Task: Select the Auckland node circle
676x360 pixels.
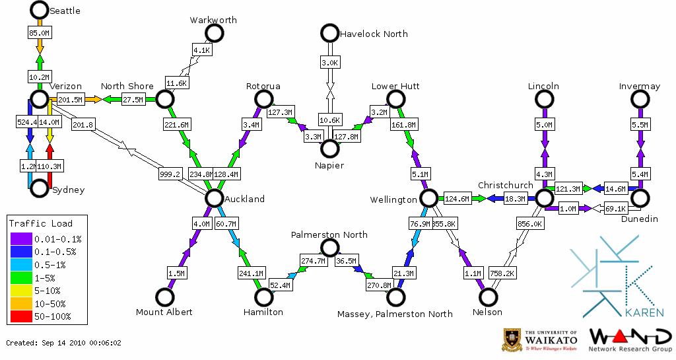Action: click(214, 198)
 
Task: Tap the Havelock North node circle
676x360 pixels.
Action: click(329, 32)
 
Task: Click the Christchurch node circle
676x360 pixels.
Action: click(544, 198)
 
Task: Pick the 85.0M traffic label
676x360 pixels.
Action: click(39, 32)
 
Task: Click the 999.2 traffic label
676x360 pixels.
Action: click(169, 174)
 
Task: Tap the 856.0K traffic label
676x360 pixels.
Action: click(531, 224)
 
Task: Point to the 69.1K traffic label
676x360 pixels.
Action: click(615, 209)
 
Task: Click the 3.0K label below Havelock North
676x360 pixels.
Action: click(329, 63)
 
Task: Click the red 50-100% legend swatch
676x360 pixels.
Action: click(21, 316)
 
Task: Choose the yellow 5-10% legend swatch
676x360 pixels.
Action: click(21, 291)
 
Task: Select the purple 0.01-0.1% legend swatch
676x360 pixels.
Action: click(21, 239)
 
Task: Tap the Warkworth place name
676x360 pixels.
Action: click(213, 20)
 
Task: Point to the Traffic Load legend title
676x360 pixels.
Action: click(41, 223)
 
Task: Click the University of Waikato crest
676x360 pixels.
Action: click(513, 340)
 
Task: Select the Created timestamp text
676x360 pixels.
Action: click(64, 343)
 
